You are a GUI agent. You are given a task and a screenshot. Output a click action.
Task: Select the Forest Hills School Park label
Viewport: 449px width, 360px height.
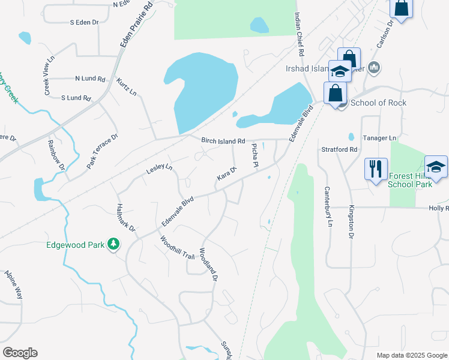pyautogui.click(x=410, y=181)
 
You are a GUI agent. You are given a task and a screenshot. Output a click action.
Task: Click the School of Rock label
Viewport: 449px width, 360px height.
pyautogui.click(x=378, y=103)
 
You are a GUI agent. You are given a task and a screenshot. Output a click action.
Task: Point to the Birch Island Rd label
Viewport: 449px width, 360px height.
pyautogui.click(x=223, y=141)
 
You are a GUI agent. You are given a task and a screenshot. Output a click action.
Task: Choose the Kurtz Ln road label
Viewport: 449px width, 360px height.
pyautogui.click(x=127, y=86)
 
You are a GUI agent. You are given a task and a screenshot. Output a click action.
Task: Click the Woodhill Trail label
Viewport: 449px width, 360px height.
pyautogui.click(x=177, y=248)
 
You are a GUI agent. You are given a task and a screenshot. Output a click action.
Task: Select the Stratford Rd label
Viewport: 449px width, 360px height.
pyautogui.click(x=339, y=149)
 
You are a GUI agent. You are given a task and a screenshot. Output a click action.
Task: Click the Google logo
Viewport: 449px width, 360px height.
pyautogui.click(x=20, y=353)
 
